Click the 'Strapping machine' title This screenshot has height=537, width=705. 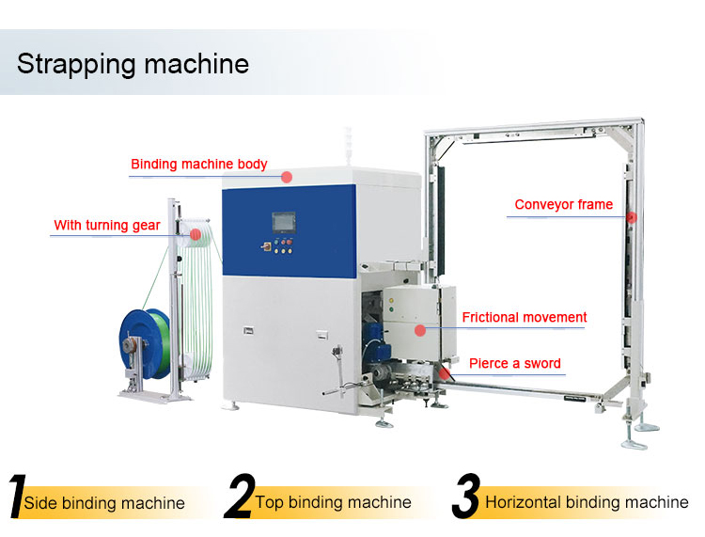coord(133,64)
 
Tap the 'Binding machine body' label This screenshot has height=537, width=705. coord(198,165)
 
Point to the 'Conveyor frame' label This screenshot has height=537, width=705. coord(563,204)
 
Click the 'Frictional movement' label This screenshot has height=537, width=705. coord(524,317)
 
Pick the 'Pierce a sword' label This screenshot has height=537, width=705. coord(515,363)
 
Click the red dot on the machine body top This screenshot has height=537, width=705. coord(288,176)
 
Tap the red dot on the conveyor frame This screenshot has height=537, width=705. coord(632,216)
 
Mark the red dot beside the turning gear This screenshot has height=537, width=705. coord(195,234)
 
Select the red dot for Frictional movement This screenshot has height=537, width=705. coord(420,329)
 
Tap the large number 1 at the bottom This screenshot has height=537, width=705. coord(16,498)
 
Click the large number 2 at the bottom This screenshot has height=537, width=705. coord(240,498)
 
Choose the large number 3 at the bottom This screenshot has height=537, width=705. coord(466,498)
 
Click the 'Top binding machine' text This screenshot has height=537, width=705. coord(333,502)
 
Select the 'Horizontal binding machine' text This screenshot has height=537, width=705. coord(587,502)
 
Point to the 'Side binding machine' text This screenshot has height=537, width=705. coord(104,503)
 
